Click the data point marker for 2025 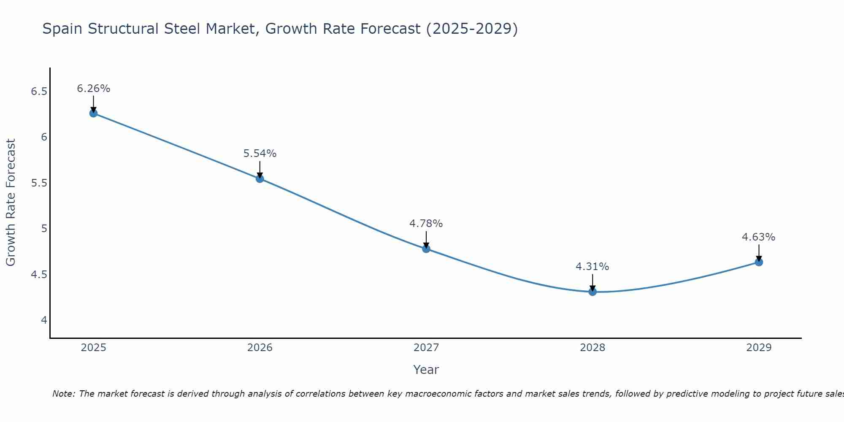(93, 113)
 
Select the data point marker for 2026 (260, 179)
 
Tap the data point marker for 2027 (426, 249)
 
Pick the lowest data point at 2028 (592, 292)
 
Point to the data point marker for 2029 (758, 262)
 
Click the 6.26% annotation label (93, 89)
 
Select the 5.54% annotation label (260, 154)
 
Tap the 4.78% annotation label (426, 224)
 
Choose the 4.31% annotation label (592, 267)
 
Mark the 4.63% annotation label (758, 237)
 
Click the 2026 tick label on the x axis (260, 348)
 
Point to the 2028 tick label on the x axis (592, 348)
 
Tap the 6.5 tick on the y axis (39, 92)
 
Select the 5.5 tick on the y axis (39, 183)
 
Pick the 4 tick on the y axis (44, 320)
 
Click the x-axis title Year (426, 370)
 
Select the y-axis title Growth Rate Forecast (11, 203)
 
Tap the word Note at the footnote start (64, 394)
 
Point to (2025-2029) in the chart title (472, 29)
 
